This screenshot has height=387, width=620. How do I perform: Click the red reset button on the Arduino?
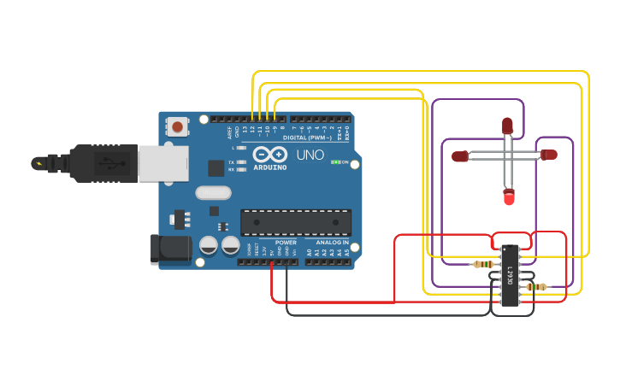(x=177, y=127)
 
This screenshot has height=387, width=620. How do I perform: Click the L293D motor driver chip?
(x=509, y=275)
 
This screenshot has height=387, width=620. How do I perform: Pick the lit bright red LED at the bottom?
(x=509, y=197)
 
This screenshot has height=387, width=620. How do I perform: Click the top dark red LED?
(x=507, y=126)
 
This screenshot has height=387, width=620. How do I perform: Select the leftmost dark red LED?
(x=460, y=155)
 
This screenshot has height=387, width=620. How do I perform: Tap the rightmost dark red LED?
(x=549, y=155)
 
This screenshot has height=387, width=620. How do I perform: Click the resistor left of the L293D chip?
(x=484, y=264)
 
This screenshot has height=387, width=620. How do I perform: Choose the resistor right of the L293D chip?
(x=536, y=287)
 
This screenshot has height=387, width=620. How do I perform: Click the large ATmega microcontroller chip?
(x=295, y=222)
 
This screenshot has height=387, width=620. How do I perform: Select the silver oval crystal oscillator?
(x=213, y=192)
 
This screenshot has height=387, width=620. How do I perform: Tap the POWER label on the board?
(x=286, y=243)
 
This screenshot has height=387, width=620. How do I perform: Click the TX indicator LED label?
(x=232, y=161)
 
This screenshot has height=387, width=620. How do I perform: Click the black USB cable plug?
(x=103, y=162)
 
